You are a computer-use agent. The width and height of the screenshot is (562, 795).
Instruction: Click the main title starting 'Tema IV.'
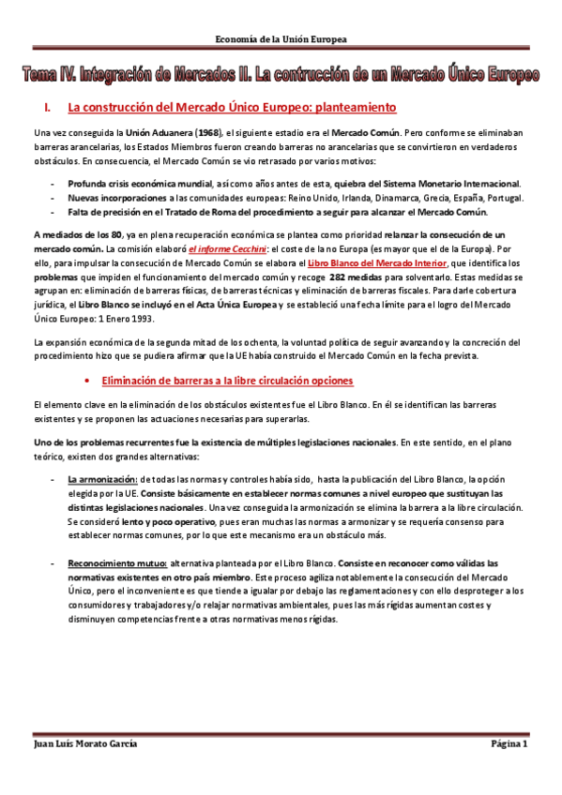pos(281,74)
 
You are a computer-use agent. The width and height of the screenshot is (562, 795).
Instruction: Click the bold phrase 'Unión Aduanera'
pos(152,135)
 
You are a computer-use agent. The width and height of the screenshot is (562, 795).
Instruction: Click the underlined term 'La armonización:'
pos(102,479)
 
